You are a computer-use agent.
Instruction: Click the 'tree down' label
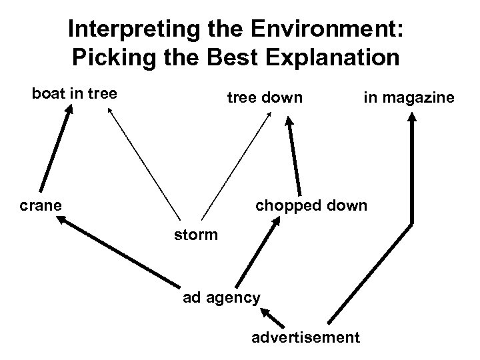(265, 98)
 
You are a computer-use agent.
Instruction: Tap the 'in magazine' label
(409, 98)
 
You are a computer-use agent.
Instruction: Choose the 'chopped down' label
(311, 205)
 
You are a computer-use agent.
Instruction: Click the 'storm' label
(195, 235)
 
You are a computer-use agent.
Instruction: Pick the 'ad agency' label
(221, 297)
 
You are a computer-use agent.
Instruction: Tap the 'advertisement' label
(305, 337)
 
